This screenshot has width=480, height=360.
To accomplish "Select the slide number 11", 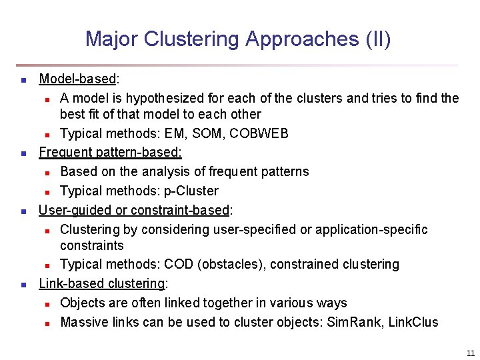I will pyautogui.click(x=471, y=353).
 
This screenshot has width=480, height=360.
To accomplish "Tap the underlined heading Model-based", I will pyautogui.click(x=77, y=79).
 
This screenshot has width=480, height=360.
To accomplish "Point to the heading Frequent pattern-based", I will pyautogui.click(x=110, y=152).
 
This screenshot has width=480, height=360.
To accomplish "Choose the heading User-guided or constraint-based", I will pyautogui.click(x=134, y=211).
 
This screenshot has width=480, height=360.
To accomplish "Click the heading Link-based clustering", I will pyautogui.click(x=102, y=283).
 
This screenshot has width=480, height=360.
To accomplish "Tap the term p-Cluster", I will pyautogui.click(x=191, y=191).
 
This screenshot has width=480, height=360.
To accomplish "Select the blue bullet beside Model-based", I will pyautogui.click(x=23, y=80).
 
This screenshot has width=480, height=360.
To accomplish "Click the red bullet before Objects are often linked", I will pyautogui.click(x=47, y=303).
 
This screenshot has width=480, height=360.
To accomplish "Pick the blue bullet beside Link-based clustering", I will pyautogui.click(x=23, y=284).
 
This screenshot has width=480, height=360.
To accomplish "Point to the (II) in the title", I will pyautogui.click(x=378, y=39).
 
